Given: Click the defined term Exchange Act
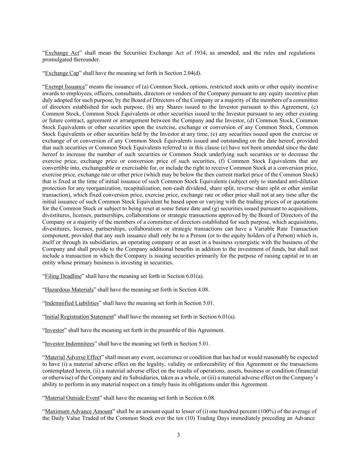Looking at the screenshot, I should [x=62, y=53].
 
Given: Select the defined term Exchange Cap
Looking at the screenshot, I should [x=62, y=73].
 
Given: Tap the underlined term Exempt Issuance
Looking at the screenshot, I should [x=65, y=87].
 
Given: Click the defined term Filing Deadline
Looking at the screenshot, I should [x=63, y=276].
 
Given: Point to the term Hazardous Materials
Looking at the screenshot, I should [x=69, y=290].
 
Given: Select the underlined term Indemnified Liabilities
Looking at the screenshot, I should [x=72, y=303].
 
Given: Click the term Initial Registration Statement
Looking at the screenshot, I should [x=79, y=317].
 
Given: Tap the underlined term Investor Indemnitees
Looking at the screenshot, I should [x=70, y=344].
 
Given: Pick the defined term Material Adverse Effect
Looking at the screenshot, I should [x=73, y=357].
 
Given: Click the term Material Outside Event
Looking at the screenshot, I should [x=72, y=398].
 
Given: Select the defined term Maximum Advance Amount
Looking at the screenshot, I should [x=78, y=411].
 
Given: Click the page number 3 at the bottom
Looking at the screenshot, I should [x=178, y=435].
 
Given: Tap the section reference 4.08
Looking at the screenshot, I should [x=203, y=290].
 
